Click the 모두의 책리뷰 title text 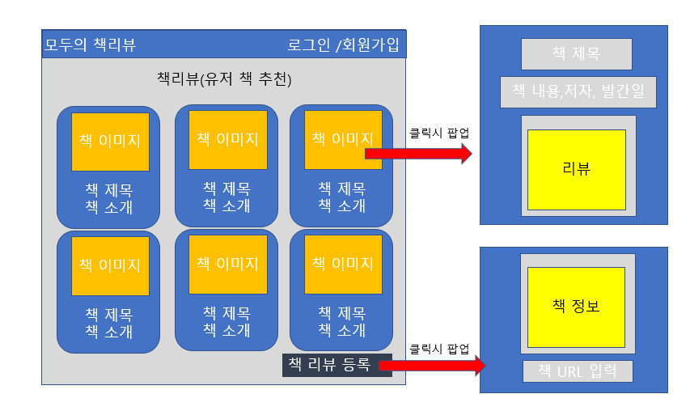91,44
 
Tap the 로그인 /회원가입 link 343,44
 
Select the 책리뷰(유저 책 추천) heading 224,79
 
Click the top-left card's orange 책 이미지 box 110,141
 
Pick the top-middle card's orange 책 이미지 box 228,139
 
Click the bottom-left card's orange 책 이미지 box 110,265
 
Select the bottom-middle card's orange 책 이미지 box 228,264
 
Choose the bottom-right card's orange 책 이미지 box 343,264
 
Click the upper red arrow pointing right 417,153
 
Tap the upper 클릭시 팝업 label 439,132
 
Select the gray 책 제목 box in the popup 576,54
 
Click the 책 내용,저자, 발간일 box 578,92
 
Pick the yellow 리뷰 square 576,169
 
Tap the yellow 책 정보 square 576,307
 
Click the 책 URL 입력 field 577,371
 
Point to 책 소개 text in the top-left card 109,208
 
